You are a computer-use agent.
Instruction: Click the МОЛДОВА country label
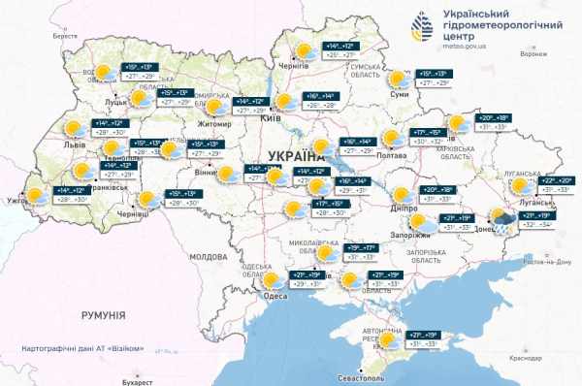point(207,257)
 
